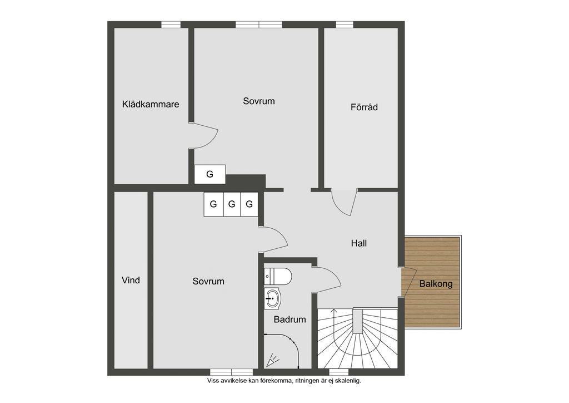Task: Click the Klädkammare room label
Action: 151,104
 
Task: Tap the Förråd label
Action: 364,107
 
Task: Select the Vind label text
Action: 131,280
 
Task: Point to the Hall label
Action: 359,243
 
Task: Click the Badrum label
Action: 290,320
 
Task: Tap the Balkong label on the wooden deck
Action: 436,283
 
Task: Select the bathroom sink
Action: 272,298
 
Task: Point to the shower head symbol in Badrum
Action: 272,361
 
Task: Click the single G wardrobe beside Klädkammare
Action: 209,174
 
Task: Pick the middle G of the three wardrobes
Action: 231,204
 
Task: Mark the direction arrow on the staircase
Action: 334,312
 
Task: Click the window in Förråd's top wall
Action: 345,24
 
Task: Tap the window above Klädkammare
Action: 171,24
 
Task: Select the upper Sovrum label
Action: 259,101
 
